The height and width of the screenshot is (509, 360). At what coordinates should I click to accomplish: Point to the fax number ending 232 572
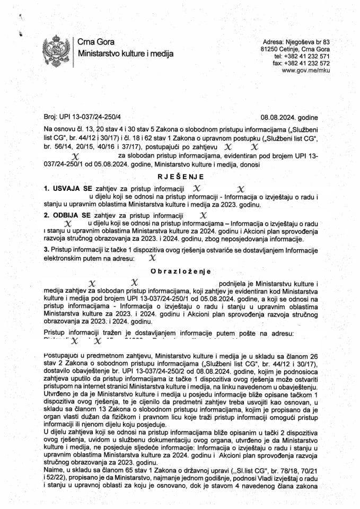pyautogui.click(x=301, y=63)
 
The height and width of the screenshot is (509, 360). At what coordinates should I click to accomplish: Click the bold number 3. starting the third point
pyautogui.click(x=46, y=249)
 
